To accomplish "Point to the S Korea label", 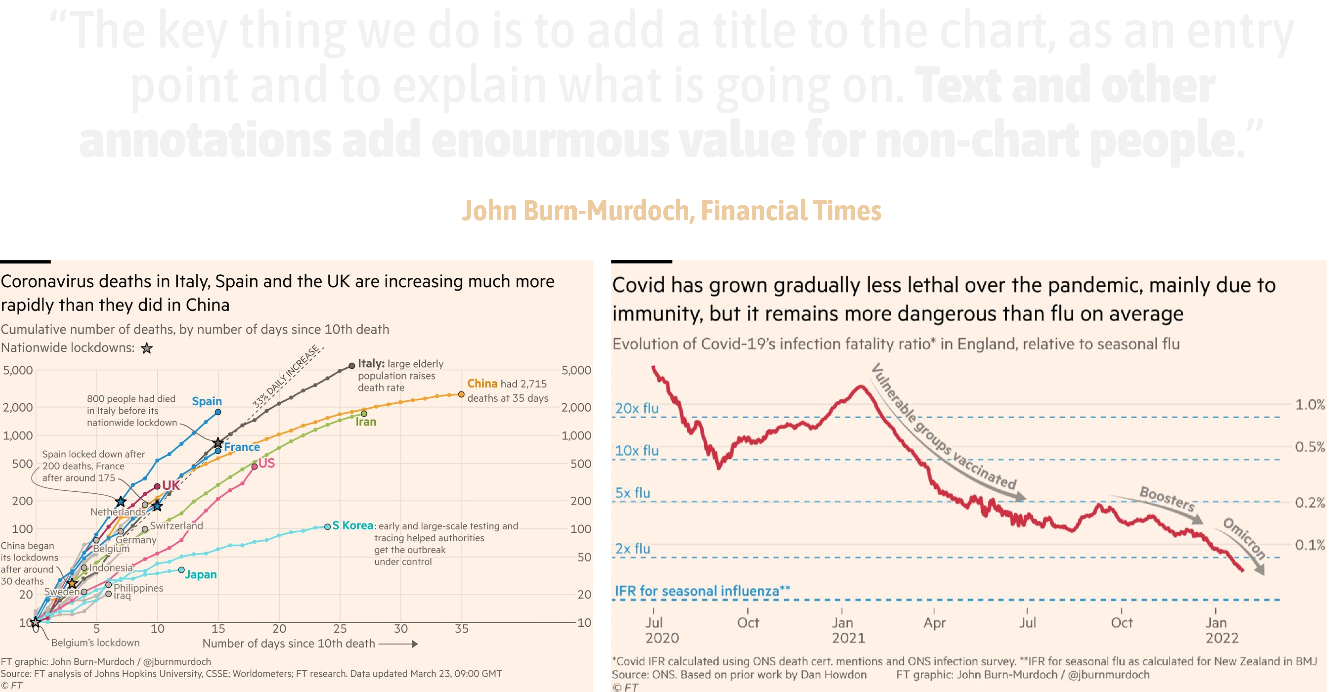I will [x=352, y=525].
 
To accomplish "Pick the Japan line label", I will [x=201, y=574].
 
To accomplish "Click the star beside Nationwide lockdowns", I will [x=147, y=348].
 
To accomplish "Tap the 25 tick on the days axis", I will [x=340, y=629].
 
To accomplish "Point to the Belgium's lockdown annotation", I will [x=95, y=643].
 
